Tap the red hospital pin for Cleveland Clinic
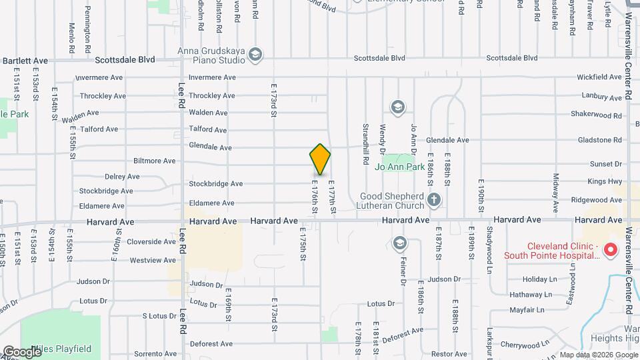[x=609, y=250]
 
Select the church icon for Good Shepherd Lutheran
[x=433, y=199]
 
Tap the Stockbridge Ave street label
[x=215, y=183]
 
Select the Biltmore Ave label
[x=154, y=161]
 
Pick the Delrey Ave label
[x=122, y=177]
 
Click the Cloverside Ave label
[x=151, y=241]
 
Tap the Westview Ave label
[x=153, y=260]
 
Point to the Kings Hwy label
[x=605, y=181]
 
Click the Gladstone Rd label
[x=599, y=140]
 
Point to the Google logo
[x=21, y=352]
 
